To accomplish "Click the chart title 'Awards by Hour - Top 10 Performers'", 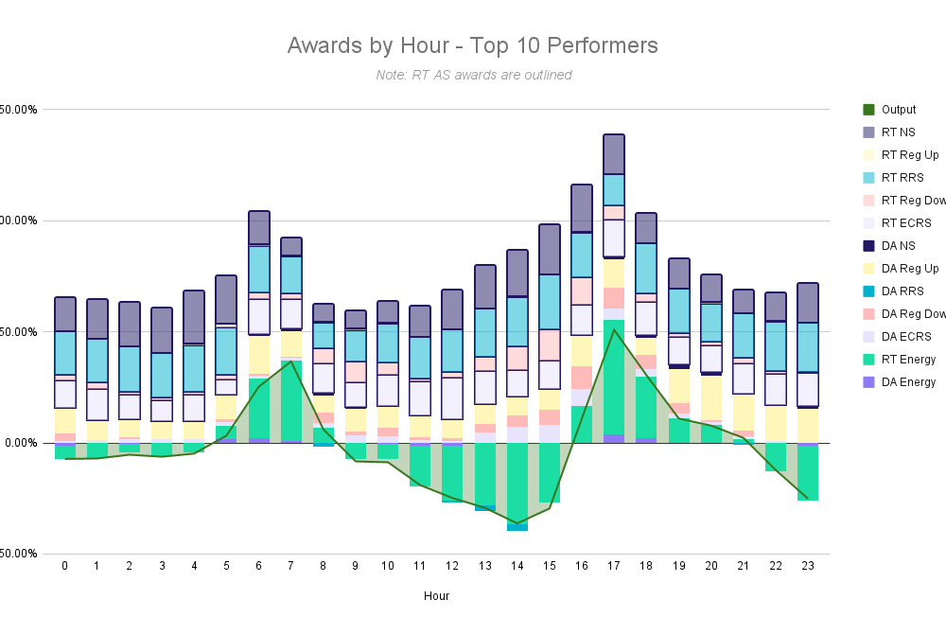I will [x=472, y=45].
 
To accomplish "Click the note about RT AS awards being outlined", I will [x=473, y=75].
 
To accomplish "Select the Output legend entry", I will [x=898, y=110].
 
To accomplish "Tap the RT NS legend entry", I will [x=898, y=132].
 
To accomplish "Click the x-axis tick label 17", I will [x=614, y=566].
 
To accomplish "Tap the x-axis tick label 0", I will [x=65, y=566].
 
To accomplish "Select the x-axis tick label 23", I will [x=807, y=566].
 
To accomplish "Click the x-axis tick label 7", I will [x=291, y=566].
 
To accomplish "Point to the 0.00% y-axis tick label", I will [x=18, y=443].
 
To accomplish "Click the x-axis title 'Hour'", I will [x=436, y=596].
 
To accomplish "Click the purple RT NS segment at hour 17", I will [x=614, y=154].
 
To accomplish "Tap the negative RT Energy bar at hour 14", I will [x=517, y=483].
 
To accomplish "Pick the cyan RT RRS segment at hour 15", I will [x=550, y=302].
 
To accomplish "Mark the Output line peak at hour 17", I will [x=614, y=329].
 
